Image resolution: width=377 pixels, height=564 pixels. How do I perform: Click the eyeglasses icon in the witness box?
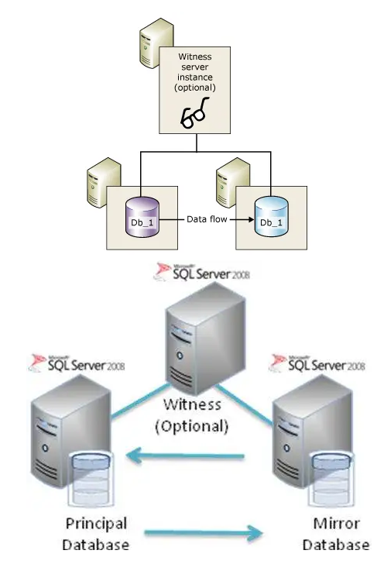pyautogui.click(x=194, y=115)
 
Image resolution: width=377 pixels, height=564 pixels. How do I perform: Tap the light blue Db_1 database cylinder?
pyautogui.click(x=270, y=215)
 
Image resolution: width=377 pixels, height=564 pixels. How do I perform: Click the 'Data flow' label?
pyautogui.click(x=206, y=220)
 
